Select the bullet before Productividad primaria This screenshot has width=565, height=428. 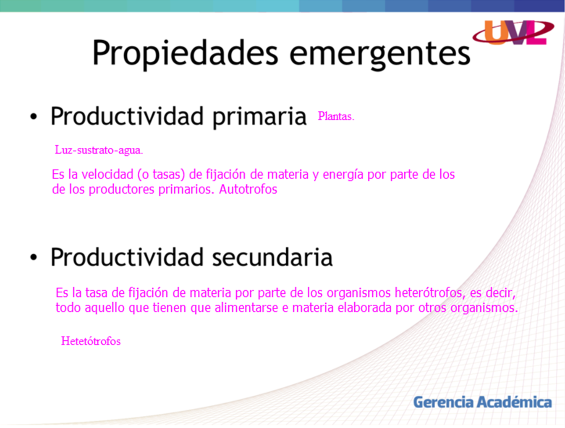pyautogui.click(x=34, y=117)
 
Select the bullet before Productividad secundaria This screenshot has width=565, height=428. pyautogui.click(x=34, y=258)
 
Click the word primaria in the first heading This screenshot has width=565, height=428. pyautogui.click(x=259, y=117)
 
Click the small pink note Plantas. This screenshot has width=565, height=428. pyautogui.click(x=336, y=116)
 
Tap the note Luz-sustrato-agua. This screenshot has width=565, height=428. pyautogui.click(x=99, y=150)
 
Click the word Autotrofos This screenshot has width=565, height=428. pyautogui.click(x=248, y=189)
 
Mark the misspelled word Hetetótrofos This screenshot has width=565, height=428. pyautogui.click(x=91, y=341)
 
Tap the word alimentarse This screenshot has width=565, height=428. pyautogui.click(x=246, y=308)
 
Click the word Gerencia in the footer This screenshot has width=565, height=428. pyautogui.click(x=443, y=402)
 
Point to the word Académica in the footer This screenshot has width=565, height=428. pyautogui.click(x=514, y=402)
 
